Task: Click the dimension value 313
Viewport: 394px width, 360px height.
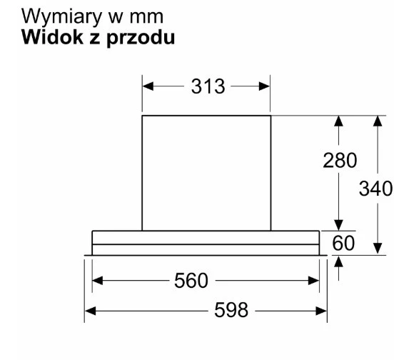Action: [208, 86]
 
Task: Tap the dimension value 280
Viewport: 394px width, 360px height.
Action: [340, 160]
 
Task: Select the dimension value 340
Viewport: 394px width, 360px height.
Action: [375, 189]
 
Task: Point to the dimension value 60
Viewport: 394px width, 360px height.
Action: [343, 243]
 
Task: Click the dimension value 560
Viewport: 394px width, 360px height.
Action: [191, 280]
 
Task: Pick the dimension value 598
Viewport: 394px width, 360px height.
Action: [231, 310]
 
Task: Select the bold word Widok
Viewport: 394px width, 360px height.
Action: [52, 37]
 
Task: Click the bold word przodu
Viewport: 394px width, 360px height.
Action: [141, 39]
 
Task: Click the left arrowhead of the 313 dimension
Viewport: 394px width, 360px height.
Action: [148, 86]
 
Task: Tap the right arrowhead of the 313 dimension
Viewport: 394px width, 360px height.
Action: [264, 86]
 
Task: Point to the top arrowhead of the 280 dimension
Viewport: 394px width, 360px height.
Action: [339, 121]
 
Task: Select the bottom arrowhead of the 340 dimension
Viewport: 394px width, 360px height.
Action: [378, 248]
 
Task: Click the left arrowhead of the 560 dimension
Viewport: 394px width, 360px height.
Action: [98, 281]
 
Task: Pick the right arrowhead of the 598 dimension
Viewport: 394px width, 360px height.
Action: [321, 311]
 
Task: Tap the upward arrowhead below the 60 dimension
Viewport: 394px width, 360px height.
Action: [339, 261]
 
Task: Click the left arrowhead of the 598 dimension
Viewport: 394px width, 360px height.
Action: [90, 311]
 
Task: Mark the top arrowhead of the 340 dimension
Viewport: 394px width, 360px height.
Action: [378, 121]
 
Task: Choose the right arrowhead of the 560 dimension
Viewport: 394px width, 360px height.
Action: [313, 281]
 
